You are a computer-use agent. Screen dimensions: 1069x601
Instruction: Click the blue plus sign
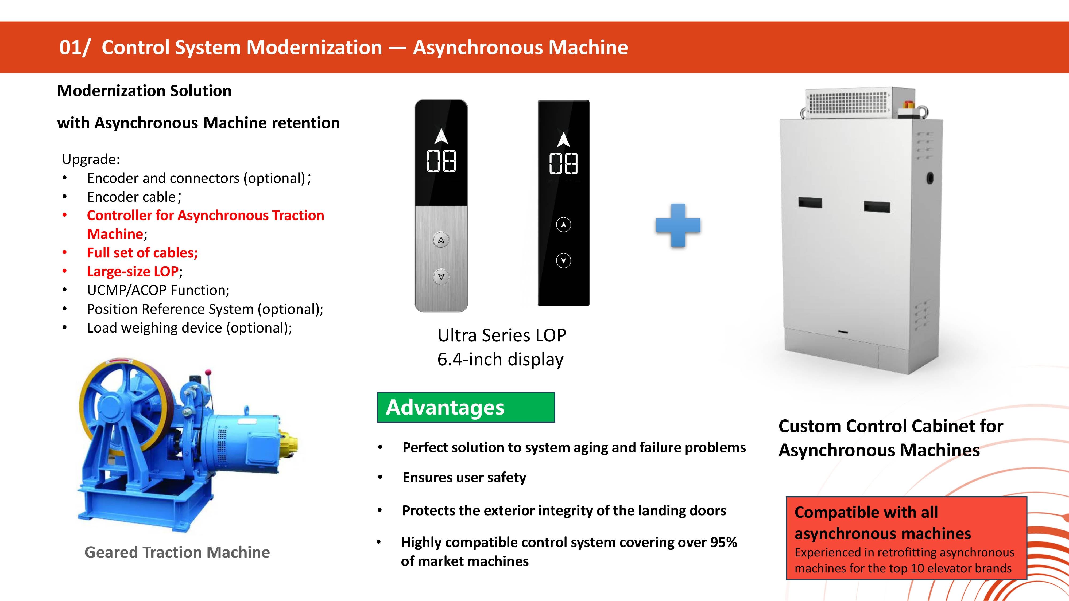tap(678, 225)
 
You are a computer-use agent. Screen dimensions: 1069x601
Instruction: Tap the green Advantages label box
tap(466, 407)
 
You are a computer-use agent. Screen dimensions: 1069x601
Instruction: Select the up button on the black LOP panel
tap(563, 225)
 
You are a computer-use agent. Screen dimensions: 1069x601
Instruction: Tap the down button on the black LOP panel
tap(563, 260)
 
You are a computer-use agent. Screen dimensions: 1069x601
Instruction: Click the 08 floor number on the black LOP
tap(563, 163)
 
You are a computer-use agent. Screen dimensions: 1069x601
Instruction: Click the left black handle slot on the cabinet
tap(810, 202)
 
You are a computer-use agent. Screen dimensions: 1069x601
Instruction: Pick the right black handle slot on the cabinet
tap(877, 206)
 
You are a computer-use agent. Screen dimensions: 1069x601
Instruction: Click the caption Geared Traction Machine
tap(177, 552)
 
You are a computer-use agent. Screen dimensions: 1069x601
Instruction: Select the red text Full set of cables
tap(142, 253)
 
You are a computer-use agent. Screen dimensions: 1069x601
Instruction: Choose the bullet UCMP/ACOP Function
tap(158, 290)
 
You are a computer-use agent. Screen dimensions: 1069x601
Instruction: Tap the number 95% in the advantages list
tap(723, 542)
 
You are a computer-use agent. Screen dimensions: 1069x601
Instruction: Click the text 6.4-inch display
tap(501, 359)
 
